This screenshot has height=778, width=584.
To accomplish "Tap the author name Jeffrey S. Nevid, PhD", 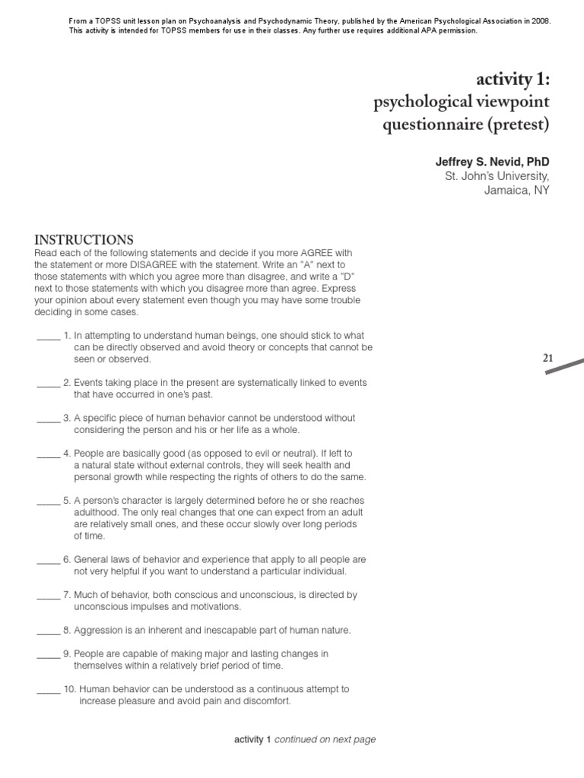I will click(492, 162).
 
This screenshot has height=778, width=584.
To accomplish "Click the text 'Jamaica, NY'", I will click(516, 190).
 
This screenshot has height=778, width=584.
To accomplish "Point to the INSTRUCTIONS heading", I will click(84, 239).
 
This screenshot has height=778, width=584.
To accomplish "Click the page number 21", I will click(549, 357).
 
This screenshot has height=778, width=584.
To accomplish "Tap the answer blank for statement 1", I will click(48, 335).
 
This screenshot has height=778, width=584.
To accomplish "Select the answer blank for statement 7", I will click(48, 595).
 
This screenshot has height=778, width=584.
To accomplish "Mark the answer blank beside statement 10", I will click(48, 689).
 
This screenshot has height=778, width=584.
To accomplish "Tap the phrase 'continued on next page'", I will click(325, 739).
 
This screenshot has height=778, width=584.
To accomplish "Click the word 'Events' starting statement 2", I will click(88, 382).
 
